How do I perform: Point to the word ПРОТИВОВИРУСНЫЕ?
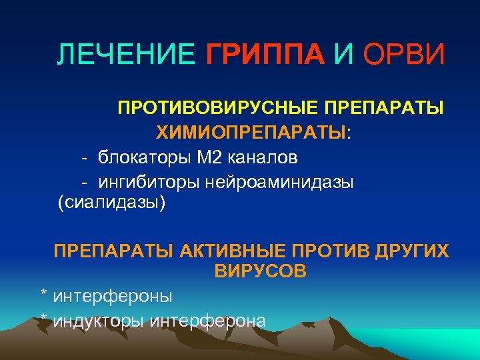[218, 108]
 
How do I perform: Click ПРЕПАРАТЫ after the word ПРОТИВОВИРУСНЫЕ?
[384, 108]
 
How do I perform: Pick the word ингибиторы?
[150, 181]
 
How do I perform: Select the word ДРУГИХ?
[411, 251]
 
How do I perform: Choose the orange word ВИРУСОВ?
[261, 271]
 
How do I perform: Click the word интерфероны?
[112, 295]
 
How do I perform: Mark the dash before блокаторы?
[85, 157]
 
